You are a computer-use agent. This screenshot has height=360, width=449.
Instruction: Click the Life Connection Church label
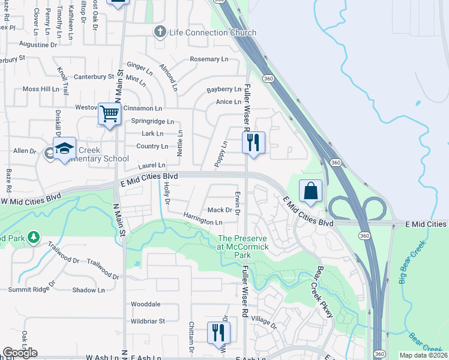212,32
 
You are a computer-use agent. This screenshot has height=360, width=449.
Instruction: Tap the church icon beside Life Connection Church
160,32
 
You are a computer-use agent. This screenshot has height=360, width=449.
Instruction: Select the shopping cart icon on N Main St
110,113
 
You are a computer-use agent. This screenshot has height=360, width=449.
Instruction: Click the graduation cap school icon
64,148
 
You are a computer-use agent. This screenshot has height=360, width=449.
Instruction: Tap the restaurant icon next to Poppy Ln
253,142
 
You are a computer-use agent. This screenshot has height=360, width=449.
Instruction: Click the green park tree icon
34,238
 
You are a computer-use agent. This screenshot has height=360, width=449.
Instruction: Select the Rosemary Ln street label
209,59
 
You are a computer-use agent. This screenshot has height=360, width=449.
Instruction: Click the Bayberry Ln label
224,89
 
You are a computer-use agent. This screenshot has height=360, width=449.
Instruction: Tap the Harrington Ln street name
203,222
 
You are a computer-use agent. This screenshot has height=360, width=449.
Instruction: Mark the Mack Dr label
220,210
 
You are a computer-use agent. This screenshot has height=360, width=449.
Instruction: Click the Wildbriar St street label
148,321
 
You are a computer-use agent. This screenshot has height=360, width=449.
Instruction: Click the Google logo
20,353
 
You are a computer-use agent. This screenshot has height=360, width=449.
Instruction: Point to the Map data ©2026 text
423,355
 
